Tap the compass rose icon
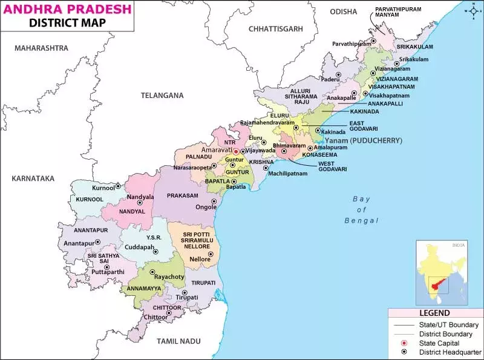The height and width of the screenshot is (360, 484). coord(472,10)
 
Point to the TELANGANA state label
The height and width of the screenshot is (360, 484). coord(162,96)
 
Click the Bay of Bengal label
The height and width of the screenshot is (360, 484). coord(362,209)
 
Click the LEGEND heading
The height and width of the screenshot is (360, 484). coord(434,313)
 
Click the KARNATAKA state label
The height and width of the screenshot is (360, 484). coord(33,178)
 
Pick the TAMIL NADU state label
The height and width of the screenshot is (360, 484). coord(178,341)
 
